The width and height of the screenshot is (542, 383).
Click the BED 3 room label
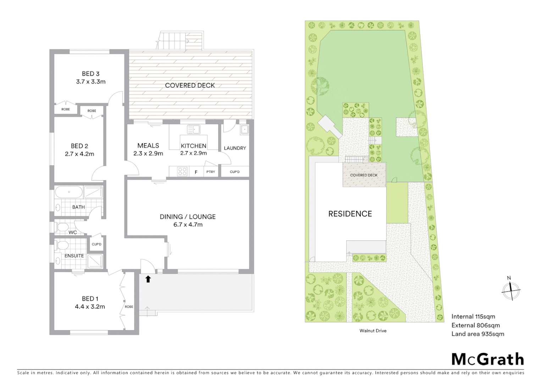(90, 74)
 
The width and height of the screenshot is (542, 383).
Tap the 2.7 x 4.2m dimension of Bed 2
(79, 154)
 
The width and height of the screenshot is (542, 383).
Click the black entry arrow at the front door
(148, 279)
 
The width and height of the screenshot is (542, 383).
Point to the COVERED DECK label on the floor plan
(190, 85)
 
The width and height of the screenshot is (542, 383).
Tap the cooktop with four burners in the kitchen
(182, 172)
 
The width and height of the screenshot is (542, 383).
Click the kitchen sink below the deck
(194, 129)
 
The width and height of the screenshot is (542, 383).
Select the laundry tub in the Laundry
(244, 130)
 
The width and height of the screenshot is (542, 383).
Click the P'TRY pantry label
(211, 172)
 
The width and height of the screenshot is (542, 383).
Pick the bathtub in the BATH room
(69, 192)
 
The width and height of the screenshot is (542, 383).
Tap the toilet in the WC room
(62, 227)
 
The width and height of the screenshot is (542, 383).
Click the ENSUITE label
(74, 256)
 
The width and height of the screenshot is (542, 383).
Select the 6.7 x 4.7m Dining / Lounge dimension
(188, 224)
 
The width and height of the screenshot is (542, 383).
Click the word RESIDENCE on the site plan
(350, 214)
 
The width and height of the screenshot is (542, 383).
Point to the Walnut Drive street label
(373, 331)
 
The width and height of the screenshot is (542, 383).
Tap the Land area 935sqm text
(477, 334)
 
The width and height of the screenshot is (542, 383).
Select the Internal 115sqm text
(473, 317)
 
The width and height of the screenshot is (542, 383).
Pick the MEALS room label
(148, 146)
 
